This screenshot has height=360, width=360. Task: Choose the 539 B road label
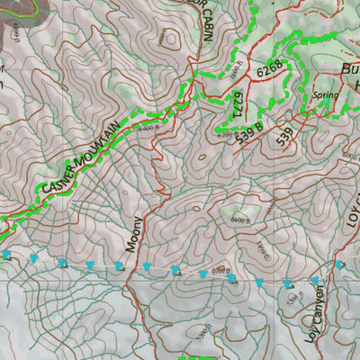[249, 131]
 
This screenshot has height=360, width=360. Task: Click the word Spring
[325, 94]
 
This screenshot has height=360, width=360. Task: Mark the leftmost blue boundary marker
[7, 255]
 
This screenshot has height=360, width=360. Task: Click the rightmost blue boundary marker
[339, 265]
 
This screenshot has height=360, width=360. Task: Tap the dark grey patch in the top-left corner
[13, 9]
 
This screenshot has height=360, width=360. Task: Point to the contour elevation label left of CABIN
[165, 37]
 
